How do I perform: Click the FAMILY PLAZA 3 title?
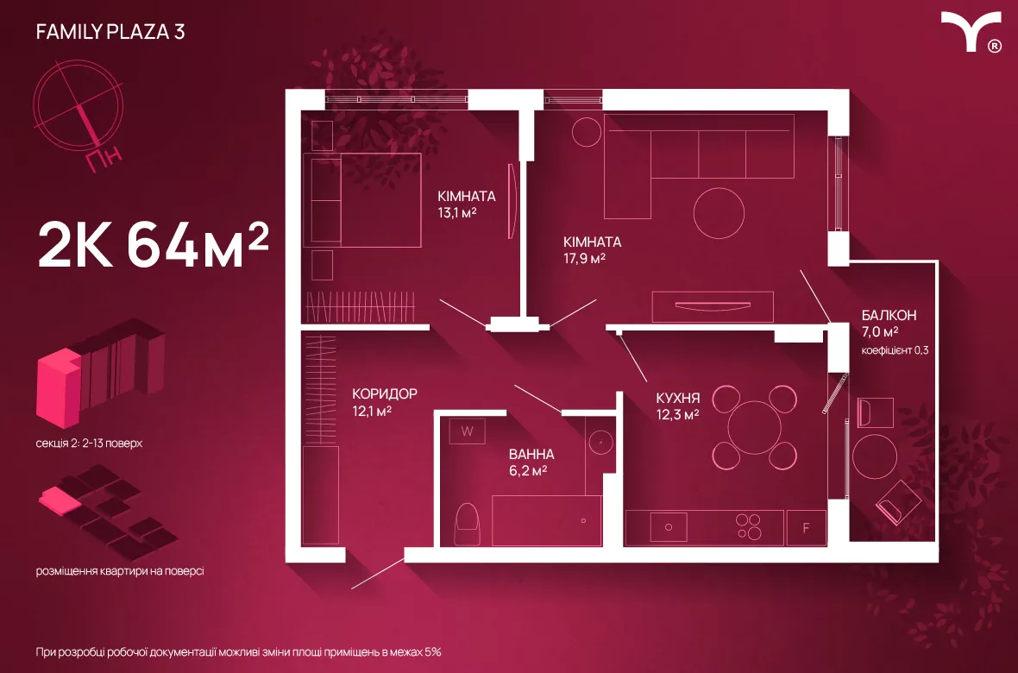pos(110,31)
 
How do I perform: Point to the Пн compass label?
pos(104,159)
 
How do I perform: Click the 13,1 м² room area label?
pos(458,212)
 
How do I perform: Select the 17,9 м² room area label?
pos(584,259)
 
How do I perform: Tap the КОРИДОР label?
pos(385,393)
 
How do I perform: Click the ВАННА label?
pos(531,454)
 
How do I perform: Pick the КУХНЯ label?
pos(677,398)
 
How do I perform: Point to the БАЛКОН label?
pos(889,315)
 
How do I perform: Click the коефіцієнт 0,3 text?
pos(895,350)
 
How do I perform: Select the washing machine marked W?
pos(467,431)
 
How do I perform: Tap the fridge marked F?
pos(806,527)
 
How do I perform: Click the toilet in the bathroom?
pos(467,525)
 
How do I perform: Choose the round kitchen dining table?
pos(754,427)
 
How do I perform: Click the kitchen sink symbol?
pos(668,527)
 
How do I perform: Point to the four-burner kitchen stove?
pos(749,527)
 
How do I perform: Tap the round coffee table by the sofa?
pos(719,213)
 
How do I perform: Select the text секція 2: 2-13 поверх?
pos(89,443)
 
